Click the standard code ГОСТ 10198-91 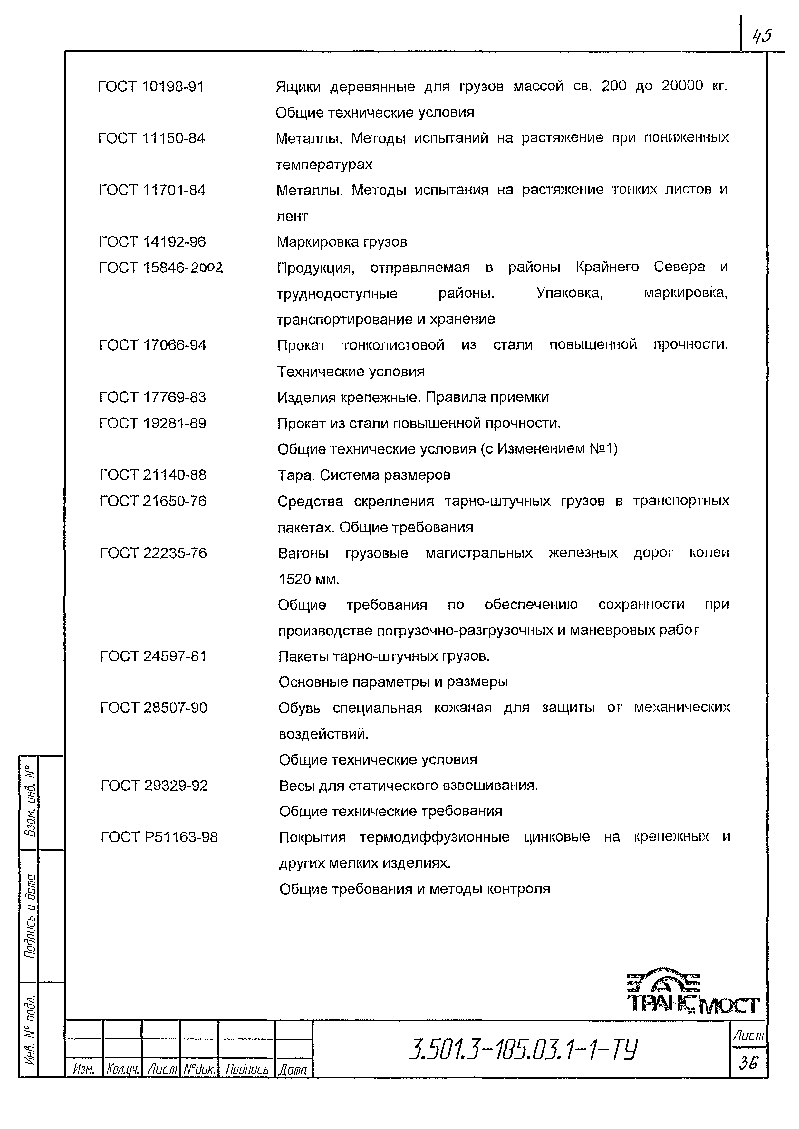tap(150, 87)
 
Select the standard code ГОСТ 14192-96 tap(152, 242)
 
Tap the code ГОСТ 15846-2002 tap(160, 268)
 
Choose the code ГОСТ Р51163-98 tap(159, 837)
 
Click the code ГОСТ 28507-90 tap(153, 708)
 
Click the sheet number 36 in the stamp tap(748, 1064)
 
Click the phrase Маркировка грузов tap(342, 242)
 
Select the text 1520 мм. tap(309, 579)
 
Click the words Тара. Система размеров tap(364, 475)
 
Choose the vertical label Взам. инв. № tap(30, 802)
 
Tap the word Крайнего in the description tap(607, 267)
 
